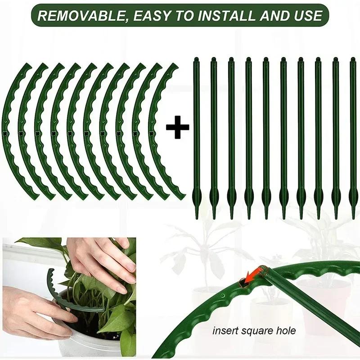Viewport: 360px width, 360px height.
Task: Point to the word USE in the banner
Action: [307, 16]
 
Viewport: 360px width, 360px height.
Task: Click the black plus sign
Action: [177, 127]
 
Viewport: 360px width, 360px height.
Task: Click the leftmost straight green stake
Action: [196, 135]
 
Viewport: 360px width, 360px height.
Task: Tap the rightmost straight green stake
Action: [352, 135]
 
